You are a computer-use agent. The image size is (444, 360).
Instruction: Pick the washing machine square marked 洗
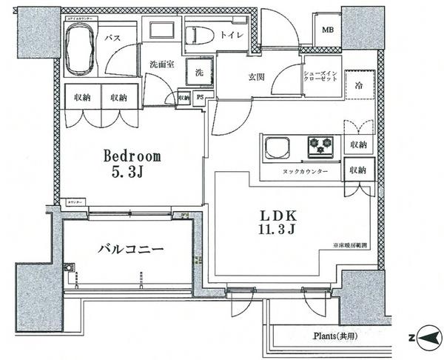(199, 73)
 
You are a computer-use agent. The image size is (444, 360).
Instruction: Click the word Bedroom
(132, 157)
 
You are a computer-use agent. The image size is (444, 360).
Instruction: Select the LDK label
(277, 215)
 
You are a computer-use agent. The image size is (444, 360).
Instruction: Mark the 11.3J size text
(277, 230)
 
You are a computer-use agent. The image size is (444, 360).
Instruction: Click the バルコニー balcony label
(130, 249)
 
